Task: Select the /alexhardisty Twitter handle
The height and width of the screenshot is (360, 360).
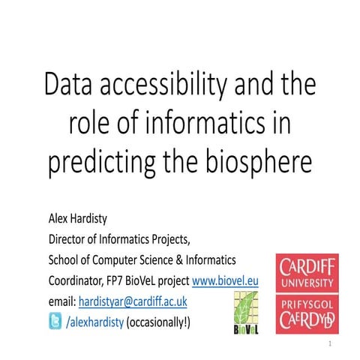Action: point(95,322)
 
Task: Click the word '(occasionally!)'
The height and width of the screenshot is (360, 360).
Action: point(158,322)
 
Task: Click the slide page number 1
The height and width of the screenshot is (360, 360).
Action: point(329,343)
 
